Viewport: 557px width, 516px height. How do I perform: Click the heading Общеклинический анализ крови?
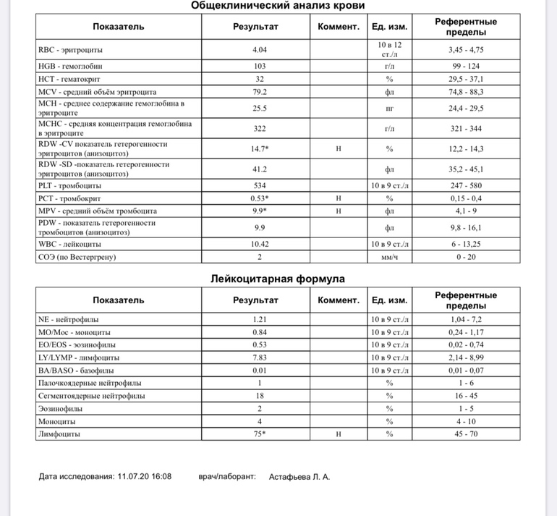tap(278, 6)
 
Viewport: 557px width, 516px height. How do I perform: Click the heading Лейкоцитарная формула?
tap(278, 279)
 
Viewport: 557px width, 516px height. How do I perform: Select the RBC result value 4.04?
tap(259, 50)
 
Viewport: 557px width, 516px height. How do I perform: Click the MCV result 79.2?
tap(259, 92)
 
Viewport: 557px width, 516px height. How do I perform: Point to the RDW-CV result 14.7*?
tap(259, 148)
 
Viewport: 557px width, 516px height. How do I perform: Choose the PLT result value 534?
tap(259, 185)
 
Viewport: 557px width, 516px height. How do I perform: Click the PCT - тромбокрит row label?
tap(69, 198)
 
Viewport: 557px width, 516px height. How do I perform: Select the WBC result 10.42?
tap(259, 244)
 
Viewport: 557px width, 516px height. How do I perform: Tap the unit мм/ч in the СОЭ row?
tap(389, 257)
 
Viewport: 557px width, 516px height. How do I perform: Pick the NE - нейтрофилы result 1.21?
tap(259, 319)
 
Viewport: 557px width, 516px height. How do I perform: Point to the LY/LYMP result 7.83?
tap(259, 358)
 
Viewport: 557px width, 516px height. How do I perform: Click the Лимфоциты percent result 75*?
tap(259, 434)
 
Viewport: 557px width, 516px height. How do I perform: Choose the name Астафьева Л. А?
tap(299, 477)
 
